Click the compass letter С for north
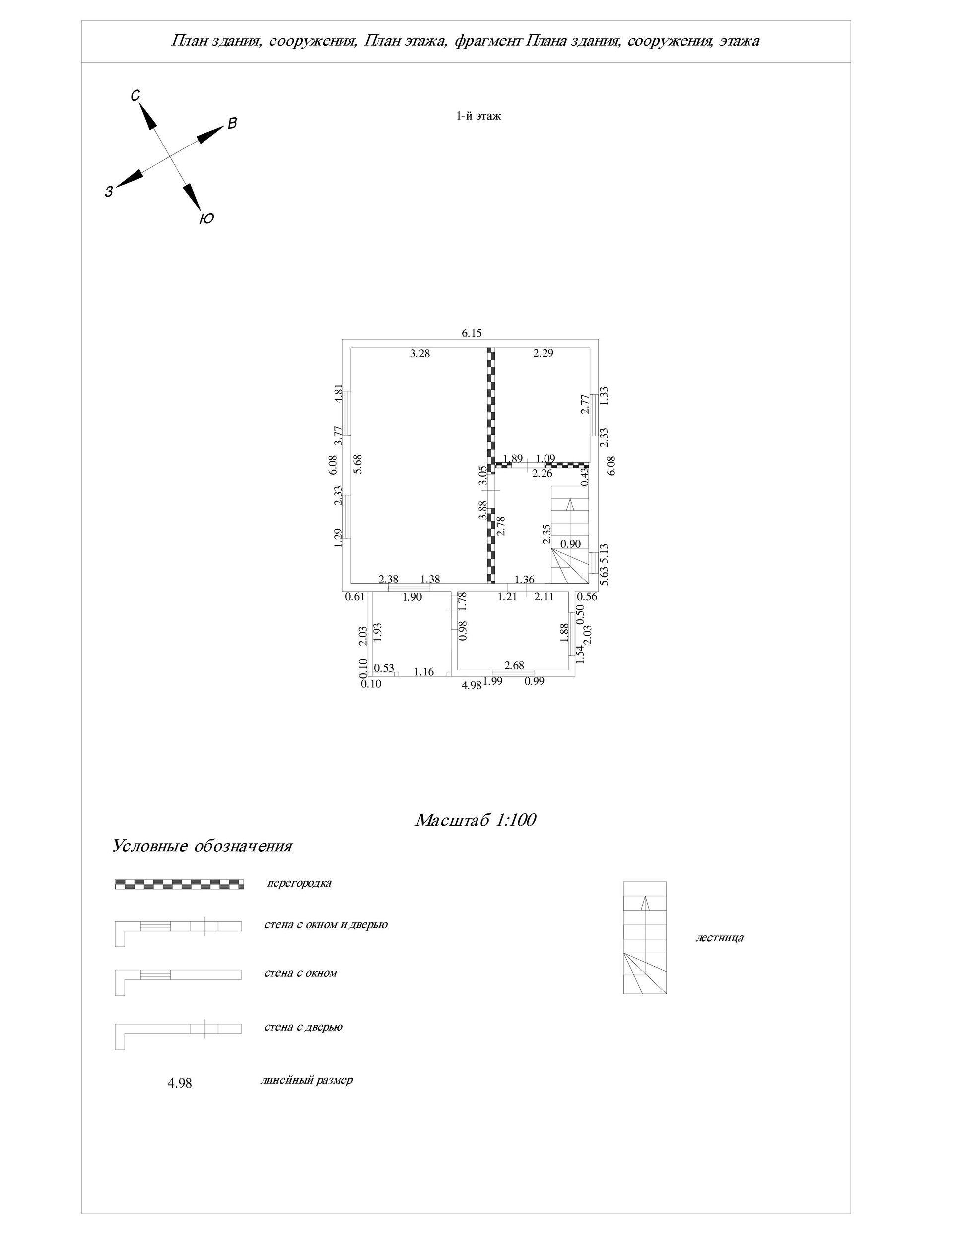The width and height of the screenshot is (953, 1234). (x=136, y=95)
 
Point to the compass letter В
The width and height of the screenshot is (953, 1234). (x=232, y=124)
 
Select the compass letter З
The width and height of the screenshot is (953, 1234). (x=109, y=192)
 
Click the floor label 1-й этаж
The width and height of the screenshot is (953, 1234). (x=478, y=116)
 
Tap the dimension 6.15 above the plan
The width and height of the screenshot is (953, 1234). (x=472, y=333)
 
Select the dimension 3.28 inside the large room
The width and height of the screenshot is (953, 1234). (x=420, y=354)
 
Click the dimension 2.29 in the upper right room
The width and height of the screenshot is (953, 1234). (x=543, y=353)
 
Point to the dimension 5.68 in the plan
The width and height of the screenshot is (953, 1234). (x=356, y=464)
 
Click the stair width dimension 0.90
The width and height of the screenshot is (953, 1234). (x=570, y=544)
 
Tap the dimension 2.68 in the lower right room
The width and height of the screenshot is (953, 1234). (x=514, y=665)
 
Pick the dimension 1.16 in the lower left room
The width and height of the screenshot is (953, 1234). (x=424, y=672)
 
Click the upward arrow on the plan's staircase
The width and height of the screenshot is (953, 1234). (x=570, y=504)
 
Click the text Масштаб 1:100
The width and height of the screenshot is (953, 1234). (x=475, y=820)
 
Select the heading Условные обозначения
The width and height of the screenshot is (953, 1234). (x=202, y=846)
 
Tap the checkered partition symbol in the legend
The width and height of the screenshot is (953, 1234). (x=179, y=884)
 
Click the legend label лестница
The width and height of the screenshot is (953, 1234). (x=719, y=938)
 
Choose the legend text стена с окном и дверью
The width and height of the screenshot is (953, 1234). (x=326, y=924)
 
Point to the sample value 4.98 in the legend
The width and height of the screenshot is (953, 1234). (x=180, y=1083)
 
